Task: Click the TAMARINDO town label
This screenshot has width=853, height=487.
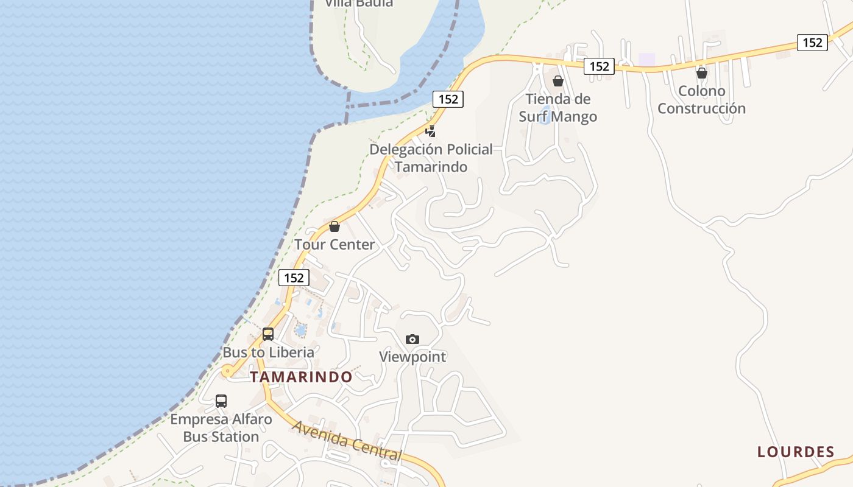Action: [301, 377]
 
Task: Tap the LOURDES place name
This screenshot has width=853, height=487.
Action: [796, 452]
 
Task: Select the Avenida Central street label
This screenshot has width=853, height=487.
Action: [347, 440]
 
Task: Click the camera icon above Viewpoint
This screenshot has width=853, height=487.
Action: [412, 339]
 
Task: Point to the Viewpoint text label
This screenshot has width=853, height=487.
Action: [412, 357]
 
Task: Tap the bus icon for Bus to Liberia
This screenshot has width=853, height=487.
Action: [268, 334]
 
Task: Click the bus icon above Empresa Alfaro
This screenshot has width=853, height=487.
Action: [221, 401]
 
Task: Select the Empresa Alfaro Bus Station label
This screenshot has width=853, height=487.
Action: [221, 428]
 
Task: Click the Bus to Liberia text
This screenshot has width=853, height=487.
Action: [268, 352]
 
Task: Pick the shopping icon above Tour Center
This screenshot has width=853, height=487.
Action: [334, 227]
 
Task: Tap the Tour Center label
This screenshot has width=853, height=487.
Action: [334, 245]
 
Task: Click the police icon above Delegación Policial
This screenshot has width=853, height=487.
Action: [431, 131]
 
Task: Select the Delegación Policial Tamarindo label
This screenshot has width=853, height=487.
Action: [431, 158]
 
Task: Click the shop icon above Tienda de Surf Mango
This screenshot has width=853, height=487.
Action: [558, 81]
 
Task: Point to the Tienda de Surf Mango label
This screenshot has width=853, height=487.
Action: [558, 107]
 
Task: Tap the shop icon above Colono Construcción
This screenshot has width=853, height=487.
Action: [702, 73]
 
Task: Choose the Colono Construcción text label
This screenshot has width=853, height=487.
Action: [702, 100]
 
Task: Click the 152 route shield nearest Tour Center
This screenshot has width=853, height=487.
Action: [294, 278]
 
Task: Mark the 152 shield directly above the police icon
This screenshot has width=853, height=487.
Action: [448, 99]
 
